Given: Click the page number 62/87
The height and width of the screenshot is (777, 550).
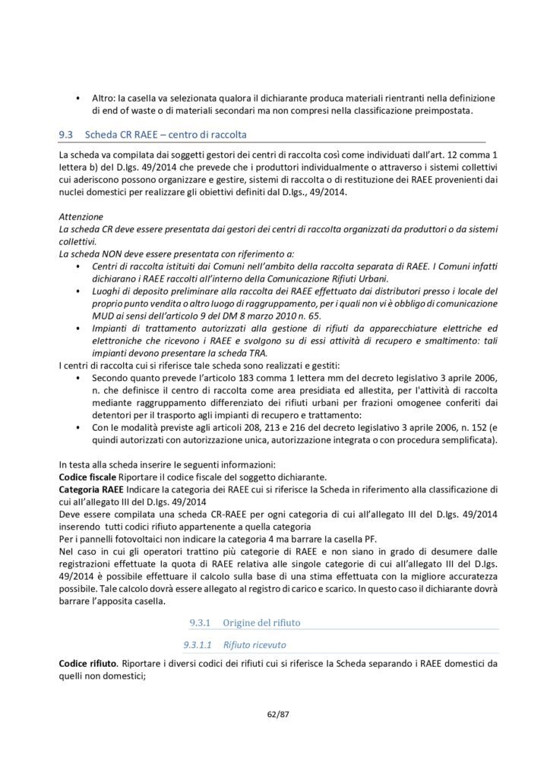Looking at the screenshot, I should tap(275, 715).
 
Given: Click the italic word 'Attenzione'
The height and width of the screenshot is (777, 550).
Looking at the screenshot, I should tap(78, 216).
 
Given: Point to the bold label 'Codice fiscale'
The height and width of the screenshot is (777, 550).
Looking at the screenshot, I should tap(86, 476).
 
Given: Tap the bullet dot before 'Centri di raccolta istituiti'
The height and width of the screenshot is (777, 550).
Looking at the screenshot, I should tap(78, 266).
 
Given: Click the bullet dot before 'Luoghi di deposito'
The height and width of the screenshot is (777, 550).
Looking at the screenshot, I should tap(78, 291).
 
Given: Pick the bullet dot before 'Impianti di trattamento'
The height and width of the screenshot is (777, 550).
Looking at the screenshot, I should tap(78, 328).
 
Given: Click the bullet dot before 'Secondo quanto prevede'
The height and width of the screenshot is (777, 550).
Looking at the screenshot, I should tap(78, 377).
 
